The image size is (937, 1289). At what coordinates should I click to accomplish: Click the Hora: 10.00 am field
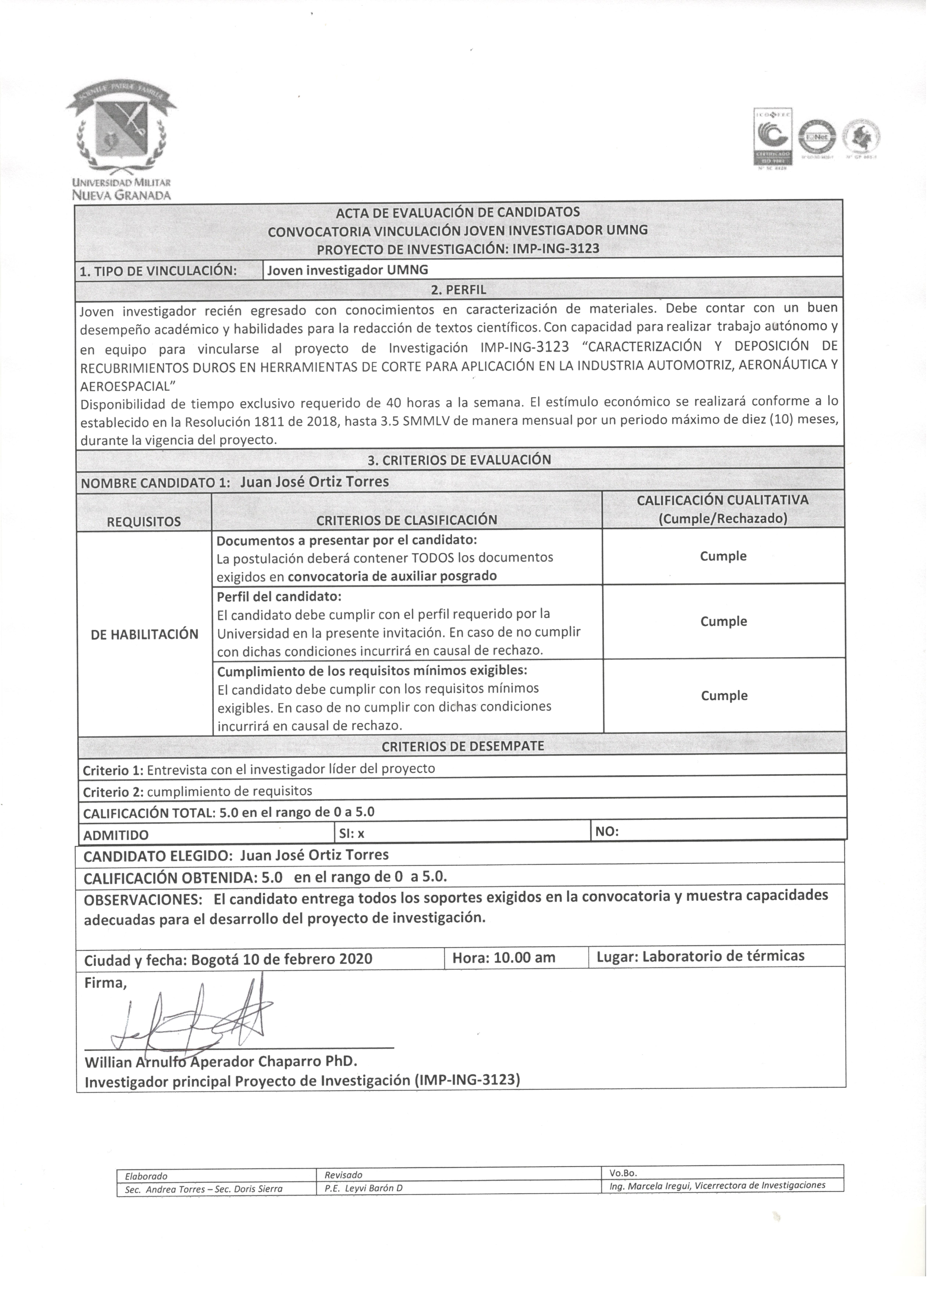tap(503, 958)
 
